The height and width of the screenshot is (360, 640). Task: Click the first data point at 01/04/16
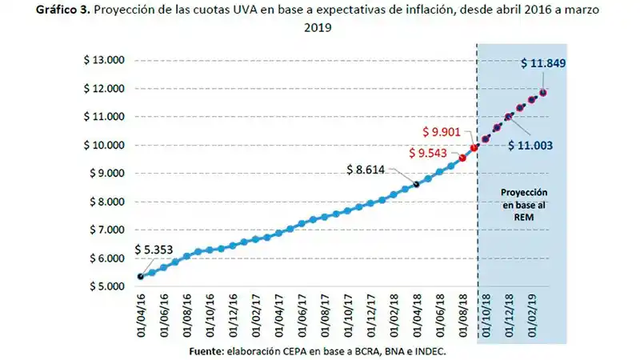141,277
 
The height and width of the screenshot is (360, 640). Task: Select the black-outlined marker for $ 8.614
416,184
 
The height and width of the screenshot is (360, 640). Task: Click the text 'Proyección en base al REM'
524,204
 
